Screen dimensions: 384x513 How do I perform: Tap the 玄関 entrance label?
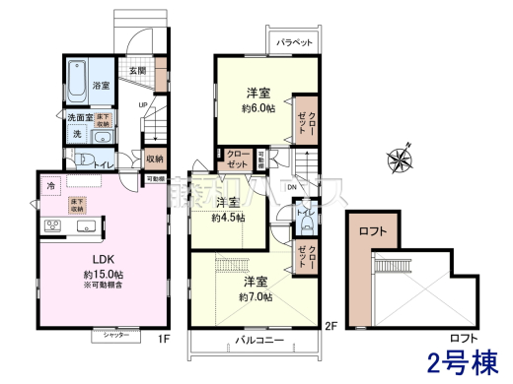coord(136,70)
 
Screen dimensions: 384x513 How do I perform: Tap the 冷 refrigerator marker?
coord(50,185)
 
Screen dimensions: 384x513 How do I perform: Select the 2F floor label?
coord(331,326)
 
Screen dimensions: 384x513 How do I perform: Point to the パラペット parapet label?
coord(295,43)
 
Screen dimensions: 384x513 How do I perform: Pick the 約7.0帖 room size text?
coord(259,295)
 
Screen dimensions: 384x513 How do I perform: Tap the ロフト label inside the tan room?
coord(371,232)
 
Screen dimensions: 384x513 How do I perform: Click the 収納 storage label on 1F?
coord(154,157)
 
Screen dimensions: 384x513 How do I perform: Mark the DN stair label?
coord(293,188)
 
